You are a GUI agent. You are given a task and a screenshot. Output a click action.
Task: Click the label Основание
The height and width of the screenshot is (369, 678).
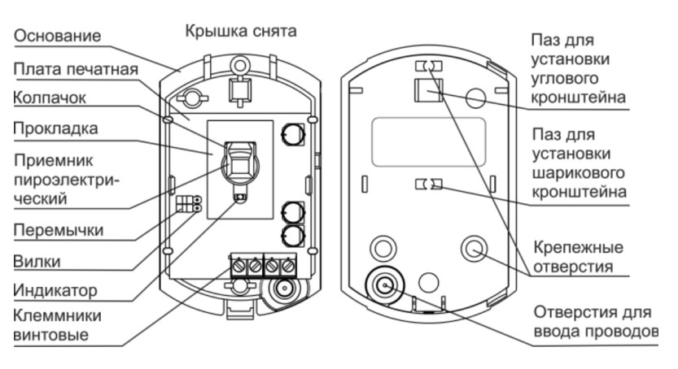57,37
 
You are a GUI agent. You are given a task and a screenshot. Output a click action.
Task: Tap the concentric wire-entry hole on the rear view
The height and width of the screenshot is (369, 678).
382,285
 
